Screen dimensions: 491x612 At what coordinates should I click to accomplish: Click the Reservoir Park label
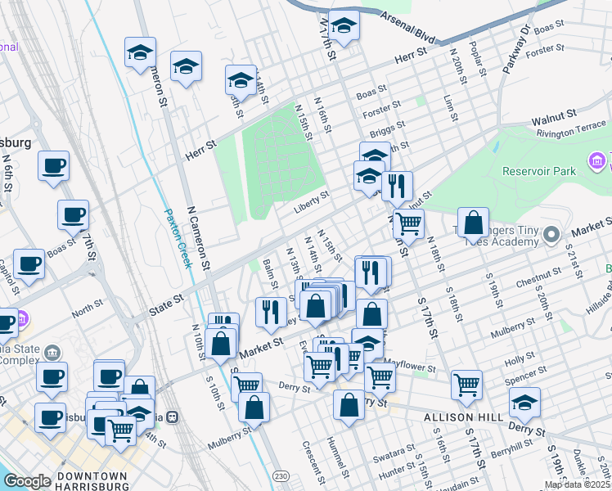(x=541, y=170)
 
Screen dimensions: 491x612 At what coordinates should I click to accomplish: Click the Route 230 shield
(x=280, y=475)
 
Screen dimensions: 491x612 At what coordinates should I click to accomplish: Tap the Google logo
(x=27, y=481)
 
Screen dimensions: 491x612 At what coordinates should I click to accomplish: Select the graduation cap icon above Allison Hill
(x=524, y=402)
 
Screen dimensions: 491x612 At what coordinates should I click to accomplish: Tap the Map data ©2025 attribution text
(x=577, y=484)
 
